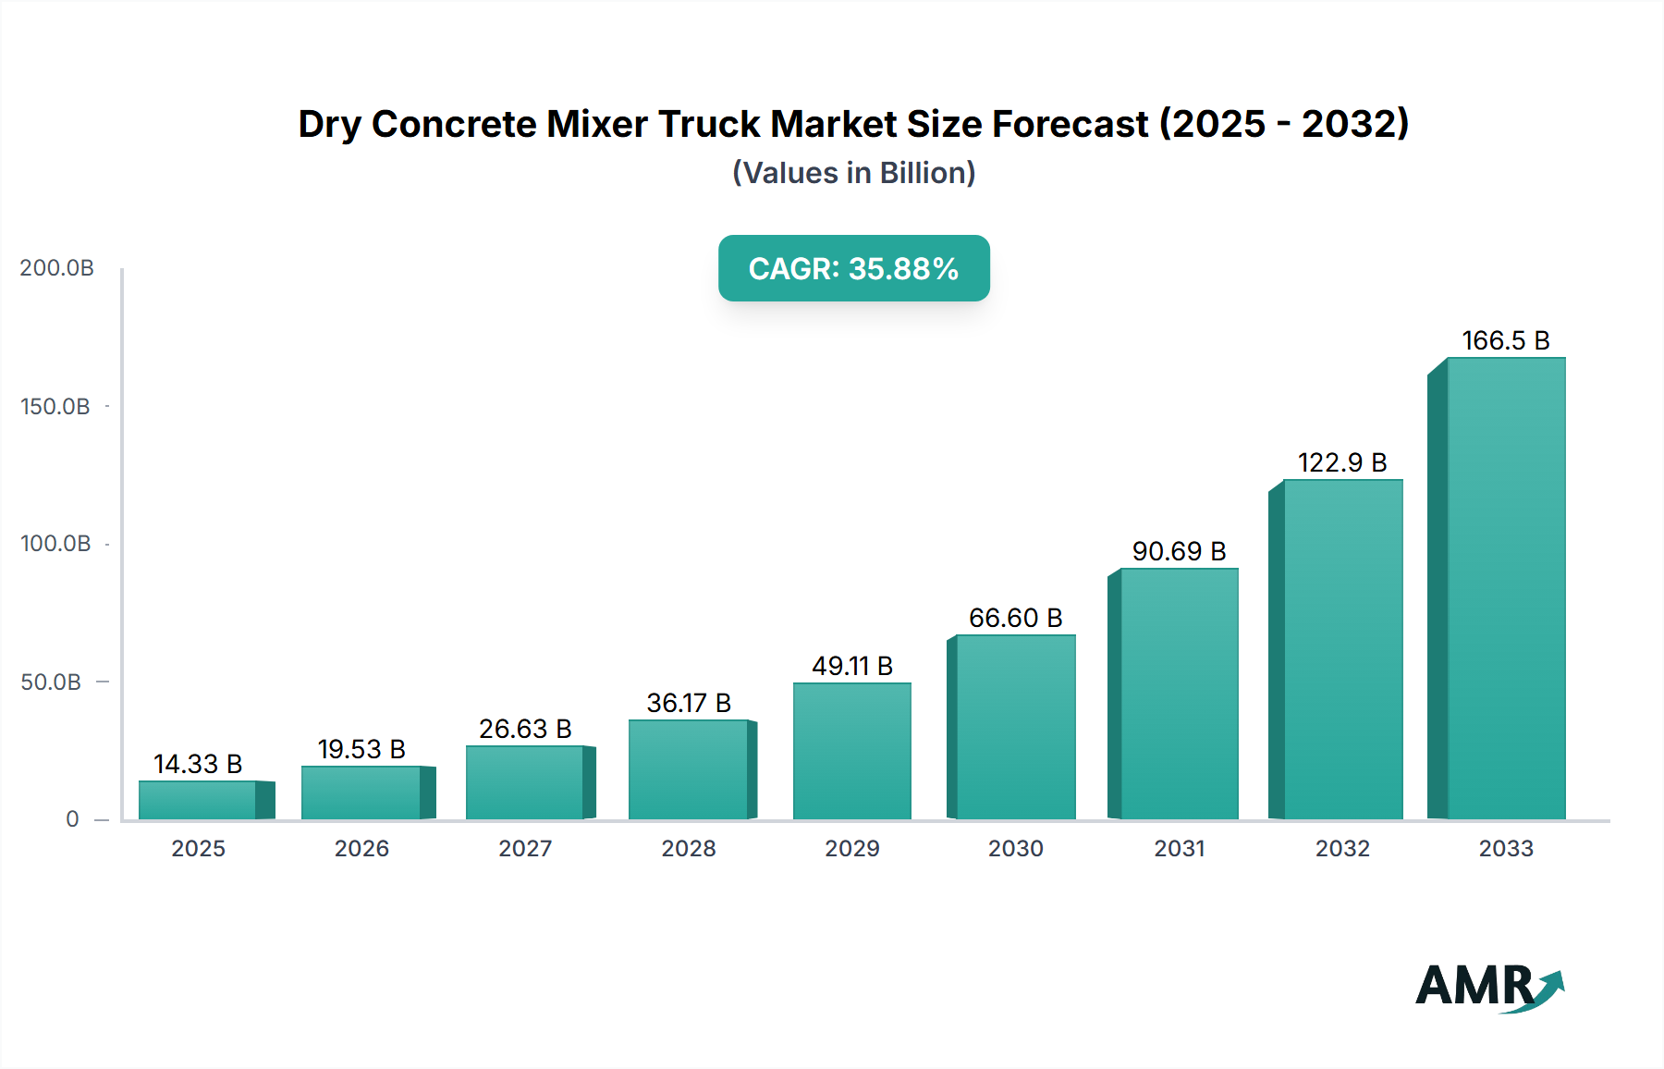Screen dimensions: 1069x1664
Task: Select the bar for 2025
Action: point(198,800)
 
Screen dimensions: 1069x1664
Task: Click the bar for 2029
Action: point(852,751)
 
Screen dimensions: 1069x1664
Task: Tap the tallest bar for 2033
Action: point(1506,588)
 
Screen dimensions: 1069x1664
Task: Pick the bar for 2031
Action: point(1179,694)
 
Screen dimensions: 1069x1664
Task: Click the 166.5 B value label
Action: point(1505,340)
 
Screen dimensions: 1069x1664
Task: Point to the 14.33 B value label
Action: point(198,764)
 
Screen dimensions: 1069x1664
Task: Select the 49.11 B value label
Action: point(852,666)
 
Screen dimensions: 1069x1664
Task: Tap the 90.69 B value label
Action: point(1179,551)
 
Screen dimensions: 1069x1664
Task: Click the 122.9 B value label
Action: point(1342,462)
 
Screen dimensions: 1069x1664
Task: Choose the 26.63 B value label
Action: point(525,729)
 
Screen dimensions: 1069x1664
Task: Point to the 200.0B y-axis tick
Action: point(57,268)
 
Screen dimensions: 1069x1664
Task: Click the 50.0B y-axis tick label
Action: point(52,682)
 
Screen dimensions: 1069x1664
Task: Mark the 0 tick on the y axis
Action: point(72,819)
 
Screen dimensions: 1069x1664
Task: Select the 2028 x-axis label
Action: point(689,849)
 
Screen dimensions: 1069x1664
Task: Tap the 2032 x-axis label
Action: point(1342,849)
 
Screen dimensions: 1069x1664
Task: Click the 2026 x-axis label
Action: point(361,849)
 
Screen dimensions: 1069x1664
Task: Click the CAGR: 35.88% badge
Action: point(853,268)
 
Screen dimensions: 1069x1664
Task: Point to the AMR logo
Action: point(1488,987)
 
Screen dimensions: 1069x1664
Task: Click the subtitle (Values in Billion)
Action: point(853,173)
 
